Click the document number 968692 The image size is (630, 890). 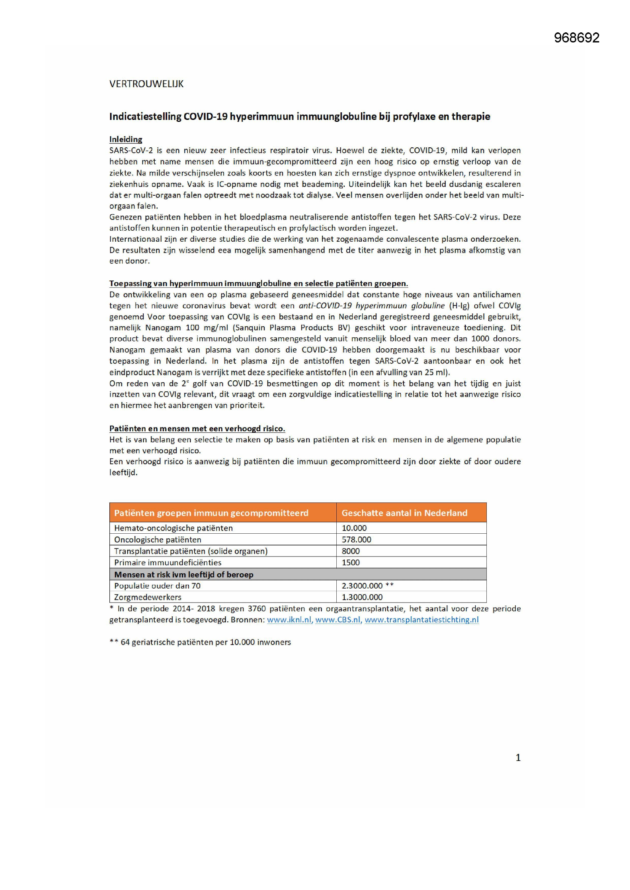[x=576, y=38]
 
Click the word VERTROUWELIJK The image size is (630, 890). [x=146, y=84]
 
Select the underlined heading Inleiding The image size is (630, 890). [x=126, y=139]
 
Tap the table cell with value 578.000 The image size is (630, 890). [x=356, y=539]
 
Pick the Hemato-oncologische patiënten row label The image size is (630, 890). [x=173, y=528]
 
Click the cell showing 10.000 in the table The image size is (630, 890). [x=354, y=528]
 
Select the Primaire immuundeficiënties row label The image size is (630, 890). [x=168, y=563]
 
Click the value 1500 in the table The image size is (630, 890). [x=350, y=563]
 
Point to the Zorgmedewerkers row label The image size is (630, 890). [x=147, y=597]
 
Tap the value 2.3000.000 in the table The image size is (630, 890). [x=362, y=586]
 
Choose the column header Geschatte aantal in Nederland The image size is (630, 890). [x=404, y=513]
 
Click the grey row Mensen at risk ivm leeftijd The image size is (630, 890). [x=184, y=574]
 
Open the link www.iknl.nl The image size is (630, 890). [x=289, y=620]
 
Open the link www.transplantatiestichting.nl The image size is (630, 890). [x=421, y=620]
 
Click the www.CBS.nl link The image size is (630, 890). [x=337, y=620]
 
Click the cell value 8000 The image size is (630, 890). [x=350, y=551]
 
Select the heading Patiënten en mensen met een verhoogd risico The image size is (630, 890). [x=197, y=429]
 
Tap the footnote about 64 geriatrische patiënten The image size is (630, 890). [x=200, y=642]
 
